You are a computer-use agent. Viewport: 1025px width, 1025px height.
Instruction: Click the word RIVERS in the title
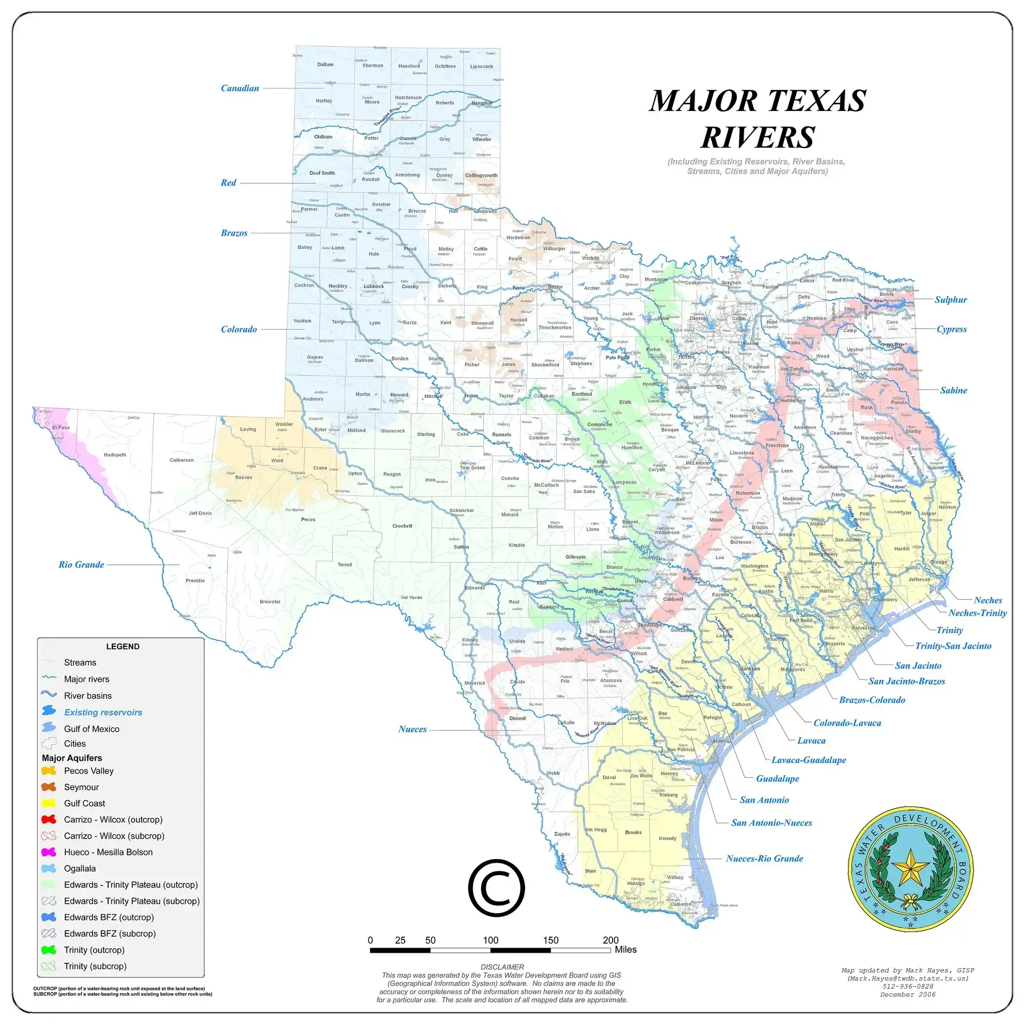coord(757,137)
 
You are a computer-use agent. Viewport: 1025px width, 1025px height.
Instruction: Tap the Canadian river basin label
coord(240,88)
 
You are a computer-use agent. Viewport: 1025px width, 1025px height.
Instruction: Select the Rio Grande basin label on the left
coord(81,564)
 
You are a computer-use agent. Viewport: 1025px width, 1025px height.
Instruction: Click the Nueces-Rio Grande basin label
coord(764,858)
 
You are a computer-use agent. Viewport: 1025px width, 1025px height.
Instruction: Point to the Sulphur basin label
coord(950,300)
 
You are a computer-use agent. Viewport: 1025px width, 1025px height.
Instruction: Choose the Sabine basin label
coord(953,390)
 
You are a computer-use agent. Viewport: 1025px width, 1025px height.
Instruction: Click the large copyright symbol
coord(496,888)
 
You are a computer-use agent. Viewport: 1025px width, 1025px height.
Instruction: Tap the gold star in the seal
coord(910,868)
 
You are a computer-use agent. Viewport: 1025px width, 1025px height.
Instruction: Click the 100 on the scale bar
coord(490,940)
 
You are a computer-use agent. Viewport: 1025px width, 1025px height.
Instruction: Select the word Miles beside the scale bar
coord(625,949)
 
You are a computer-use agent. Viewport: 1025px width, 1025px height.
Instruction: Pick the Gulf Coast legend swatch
coord(49,803)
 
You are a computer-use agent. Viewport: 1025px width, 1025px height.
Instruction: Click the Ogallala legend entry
coord(80,868)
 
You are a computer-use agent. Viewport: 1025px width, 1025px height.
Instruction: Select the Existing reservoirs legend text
coord(103,712)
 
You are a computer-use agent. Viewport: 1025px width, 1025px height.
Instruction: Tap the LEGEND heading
coord(122,646)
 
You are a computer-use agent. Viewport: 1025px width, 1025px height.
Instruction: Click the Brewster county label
coord(270,601)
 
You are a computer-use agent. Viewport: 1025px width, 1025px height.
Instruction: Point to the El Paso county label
coord(61,427)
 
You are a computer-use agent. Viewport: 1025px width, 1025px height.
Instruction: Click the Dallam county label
coord(325,64)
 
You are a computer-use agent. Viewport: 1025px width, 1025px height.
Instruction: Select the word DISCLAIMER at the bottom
coord(502,967)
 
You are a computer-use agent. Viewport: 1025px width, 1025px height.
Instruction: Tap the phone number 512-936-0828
coord(908,986)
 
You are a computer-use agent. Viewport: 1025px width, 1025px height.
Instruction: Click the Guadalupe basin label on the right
coord(777,778)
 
